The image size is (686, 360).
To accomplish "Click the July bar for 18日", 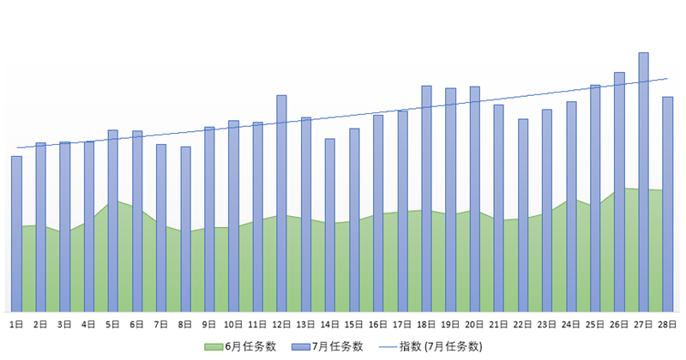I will coord(426,198).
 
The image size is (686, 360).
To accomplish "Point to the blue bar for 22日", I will coord(523,214).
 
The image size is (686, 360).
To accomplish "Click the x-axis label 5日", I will coord(112,324).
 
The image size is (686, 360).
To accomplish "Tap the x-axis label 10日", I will coord(233,324).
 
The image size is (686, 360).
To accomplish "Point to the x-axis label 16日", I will coord(378,324).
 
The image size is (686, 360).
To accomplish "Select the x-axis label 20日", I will coord(474,324).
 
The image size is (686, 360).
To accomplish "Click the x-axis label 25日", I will coord(595,324).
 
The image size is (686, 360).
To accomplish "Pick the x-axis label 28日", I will coord(667,324).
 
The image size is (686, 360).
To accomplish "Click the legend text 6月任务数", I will coord(250,346).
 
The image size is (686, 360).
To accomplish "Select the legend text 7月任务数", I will coord(338,346).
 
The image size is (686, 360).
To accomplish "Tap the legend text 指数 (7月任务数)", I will coord(441,346).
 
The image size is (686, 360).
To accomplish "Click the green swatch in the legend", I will coord(213,346).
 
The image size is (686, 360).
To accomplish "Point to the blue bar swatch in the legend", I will coord(300,346).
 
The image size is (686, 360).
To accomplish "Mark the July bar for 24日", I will coord(571,206).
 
